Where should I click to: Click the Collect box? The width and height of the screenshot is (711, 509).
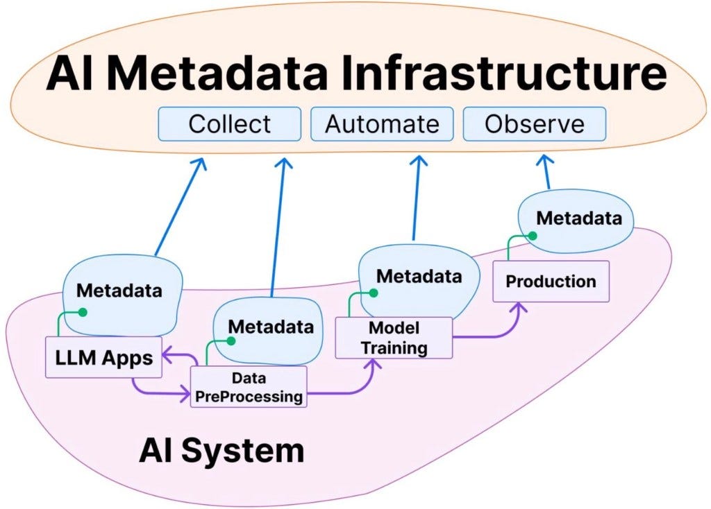[229, 124]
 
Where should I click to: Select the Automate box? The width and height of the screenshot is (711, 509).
[382, 124]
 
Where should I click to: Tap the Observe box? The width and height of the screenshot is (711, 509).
[534, 124]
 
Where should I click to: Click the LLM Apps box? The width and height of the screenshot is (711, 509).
[104, 357]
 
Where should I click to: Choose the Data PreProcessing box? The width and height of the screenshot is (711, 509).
[249, 387]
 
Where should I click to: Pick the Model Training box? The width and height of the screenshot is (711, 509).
[394, 338]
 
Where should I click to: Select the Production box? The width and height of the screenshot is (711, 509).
[551, 282]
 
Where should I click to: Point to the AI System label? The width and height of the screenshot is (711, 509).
[221, 450]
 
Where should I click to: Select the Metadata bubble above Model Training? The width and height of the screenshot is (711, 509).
[419, 282]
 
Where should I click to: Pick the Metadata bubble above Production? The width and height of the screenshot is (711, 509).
[576, 221]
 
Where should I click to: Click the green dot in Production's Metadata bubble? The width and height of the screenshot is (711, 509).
[533, 236]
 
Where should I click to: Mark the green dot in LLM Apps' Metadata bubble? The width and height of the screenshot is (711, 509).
[83, 312]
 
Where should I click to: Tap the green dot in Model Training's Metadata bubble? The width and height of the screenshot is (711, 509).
[374, 293]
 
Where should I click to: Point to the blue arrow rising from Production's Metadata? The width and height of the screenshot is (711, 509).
[546, 172]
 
